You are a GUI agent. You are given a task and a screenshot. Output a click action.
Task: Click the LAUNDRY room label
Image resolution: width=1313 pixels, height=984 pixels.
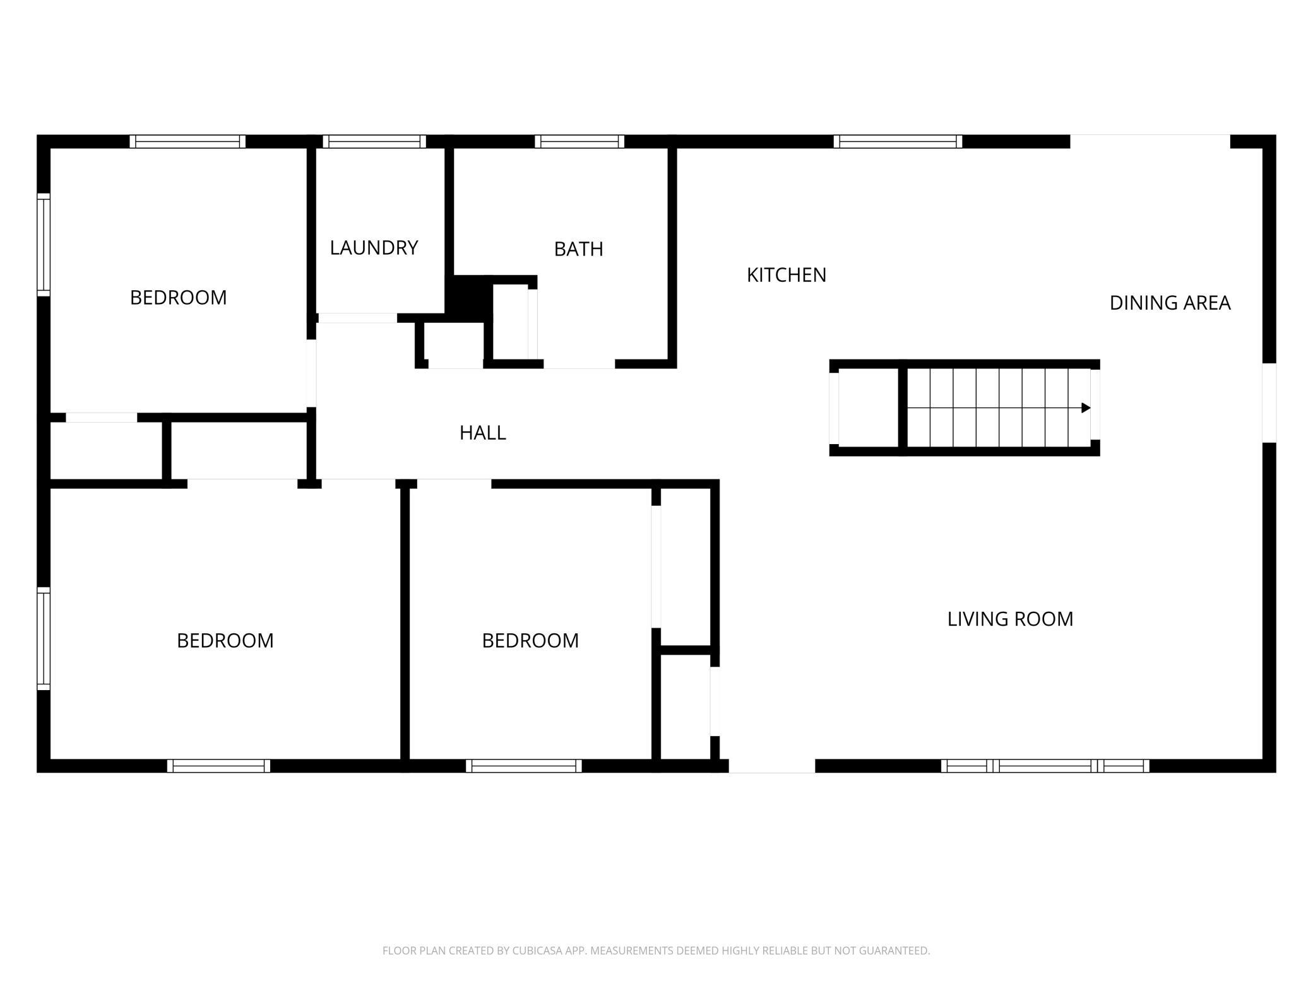click(x=374, y=248)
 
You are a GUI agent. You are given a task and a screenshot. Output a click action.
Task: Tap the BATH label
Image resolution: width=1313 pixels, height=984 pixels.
click(x=578, y=249)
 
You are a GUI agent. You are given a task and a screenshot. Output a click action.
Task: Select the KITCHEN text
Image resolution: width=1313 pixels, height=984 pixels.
click(x=786, y=275)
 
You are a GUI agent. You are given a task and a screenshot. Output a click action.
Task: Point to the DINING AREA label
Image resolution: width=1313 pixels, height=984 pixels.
click(x=1170, y=303)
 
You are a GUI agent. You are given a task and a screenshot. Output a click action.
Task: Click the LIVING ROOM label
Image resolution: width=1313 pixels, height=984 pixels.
click(x=1010, y=619)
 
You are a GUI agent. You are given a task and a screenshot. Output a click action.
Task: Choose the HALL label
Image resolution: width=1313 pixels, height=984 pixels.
click(x=482, y=433)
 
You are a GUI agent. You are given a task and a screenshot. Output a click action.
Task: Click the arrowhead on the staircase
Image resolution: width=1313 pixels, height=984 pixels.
click(x=1086, y=408)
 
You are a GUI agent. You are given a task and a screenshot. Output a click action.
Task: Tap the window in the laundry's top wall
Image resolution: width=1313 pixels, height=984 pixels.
click(x=374, y=141)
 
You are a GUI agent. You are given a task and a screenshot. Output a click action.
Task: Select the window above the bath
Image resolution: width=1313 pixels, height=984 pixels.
click(x=579, y=141)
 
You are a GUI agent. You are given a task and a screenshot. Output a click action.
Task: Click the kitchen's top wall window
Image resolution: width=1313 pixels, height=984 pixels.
click(x=898, y=141)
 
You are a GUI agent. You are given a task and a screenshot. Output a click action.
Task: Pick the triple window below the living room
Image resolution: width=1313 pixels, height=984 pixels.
click(x=1045, y=766)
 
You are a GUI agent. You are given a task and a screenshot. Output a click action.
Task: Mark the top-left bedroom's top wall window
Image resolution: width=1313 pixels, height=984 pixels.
click(x=187, y=141)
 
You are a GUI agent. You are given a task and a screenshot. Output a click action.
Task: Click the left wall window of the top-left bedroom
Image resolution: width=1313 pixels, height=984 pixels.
click(x=44, y=244)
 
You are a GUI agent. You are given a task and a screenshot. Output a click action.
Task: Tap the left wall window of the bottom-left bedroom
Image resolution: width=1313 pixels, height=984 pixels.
click(x=44, y=638)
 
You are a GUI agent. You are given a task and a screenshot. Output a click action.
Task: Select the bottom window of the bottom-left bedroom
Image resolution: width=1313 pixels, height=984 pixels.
click(x=218, y=766)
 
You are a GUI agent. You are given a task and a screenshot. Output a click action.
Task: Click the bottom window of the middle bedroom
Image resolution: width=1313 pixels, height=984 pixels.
click(x=524, y=766)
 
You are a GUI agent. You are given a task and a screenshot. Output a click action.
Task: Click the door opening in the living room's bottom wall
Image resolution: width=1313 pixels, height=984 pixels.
click(x=772, y=766)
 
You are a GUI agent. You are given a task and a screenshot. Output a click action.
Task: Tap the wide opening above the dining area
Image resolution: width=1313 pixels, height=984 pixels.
click(x=1150, y=141)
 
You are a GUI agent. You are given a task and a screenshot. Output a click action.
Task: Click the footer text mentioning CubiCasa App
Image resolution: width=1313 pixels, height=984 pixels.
click(x=656, y=950)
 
